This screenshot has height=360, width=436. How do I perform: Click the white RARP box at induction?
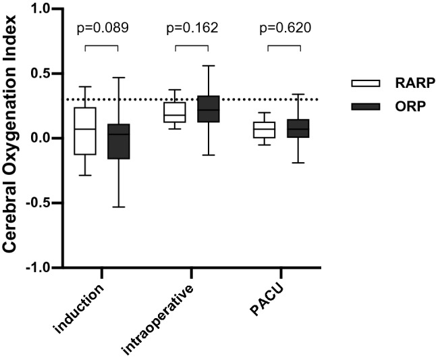pyautogui.click(x=85, y=131)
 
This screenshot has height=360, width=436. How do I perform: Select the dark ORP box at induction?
pyautogui.click(x=118, y=141)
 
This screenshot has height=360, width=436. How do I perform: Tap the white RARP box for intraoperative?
pyautogui.click(x=175, y=112)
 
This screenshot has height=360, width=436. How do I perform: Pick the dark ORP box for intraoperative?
pyautogui.click(x=209, y=109)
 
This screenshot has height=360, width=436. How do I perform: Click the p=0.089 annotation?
pyautogui.click(x=101, y=30)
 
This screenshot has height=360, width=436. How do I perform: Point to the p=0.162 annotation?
pyautogui.click(x=192, y=30)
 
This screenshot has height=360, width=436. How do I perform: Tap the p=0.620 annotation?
pyautogui.click(x=283, y=30)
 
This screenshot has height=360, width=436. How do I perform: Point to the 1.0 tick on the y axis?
pyautogui.click(x=47, y=9)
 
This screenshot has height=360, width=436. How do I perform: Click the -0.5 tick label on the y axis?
pyautogui.click(x=44, y=203)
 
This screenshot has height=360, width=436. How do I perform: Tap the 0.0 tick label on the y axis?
pyautogui.click(x=47, y=138)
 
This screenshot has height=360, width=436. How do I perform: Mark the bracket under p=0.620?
pyautogui.click(x=283, y=47)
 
